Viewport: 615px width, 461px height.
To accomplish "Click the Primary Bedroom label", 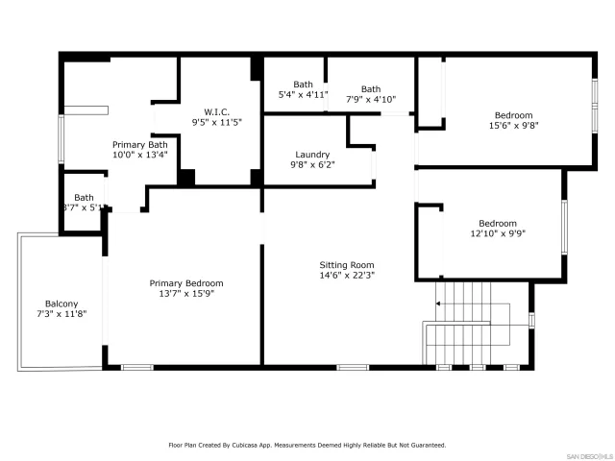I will click(x=186, y=283).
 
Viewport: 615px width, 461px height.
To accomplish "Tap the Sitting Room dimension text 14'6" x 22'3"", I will click(x=347, y=276).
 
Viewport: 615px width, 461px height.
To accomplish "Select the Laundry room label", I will click(x=312, y=155).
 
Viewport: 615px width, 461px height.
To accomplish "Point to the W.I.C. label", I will click(x=215, y=111).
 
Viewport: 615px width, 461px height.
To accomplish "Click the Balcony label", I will click(x=61, y=303).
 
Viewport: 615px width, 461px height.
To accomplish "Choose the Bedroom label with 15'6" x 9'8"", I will click(x=513, y=115).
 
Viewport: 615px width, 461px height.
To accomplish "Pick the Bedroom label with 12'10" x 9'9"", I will click(x=498, y=223).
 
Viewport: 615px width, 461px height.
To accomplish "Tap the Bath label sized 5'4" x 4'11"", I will click(x=303, y=85).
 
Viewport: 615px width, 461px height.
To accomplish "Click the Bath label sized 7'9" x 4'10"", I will click(x=370, y=89).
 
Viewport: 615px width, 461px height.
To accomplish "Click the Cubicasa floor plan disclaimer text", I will click(x=307, y=445).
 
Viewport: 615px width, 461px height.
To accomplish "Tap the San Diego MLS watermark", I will click(x=587, y=454).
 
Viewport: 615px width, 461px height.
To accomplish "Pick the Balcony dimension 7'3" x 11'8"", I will click(x=61, y=314).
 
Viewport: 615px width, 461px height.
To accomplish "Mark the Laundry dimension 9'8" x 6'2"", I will click(x=312, y=165).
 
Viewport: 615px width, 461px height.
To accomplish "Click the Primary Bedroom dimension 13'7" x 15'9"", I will click(x=186, y=294).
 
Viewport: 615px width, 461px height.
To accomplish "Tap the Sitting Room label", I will click(x=347, y=265).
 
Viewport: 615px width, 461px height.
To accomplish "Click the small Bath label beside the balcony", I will click(x=85, y=197).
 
